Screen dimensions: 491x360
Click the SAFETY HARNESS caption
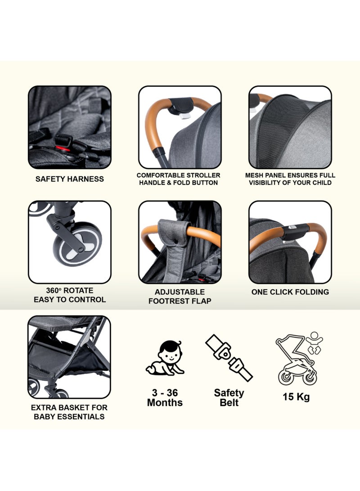(x=70, y=179)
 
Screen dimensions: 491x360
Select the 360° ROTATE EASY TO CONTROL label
(x=70, y=295)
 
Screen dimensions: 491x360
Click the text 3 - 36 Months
(x=165, y=397)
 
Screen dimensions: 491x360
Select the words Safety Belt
(x=229, y=397)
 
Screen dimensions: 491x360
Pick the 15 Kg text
(x=297, y=397)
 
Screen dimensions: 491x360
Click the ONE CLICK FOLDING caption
(x=290, y=292)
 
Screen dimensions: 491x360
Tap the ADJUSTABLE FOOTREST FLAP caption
(x=180, y=296)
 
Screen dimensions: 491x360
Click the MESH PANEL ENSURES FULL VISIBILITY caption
(x=290, y=179)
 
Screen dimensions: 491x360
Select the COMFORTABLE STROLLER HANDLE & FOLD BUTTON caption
(x=179, y=179)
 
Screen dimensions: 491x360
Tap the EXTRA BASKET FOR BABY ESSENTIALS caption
(x=70, y=412)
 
